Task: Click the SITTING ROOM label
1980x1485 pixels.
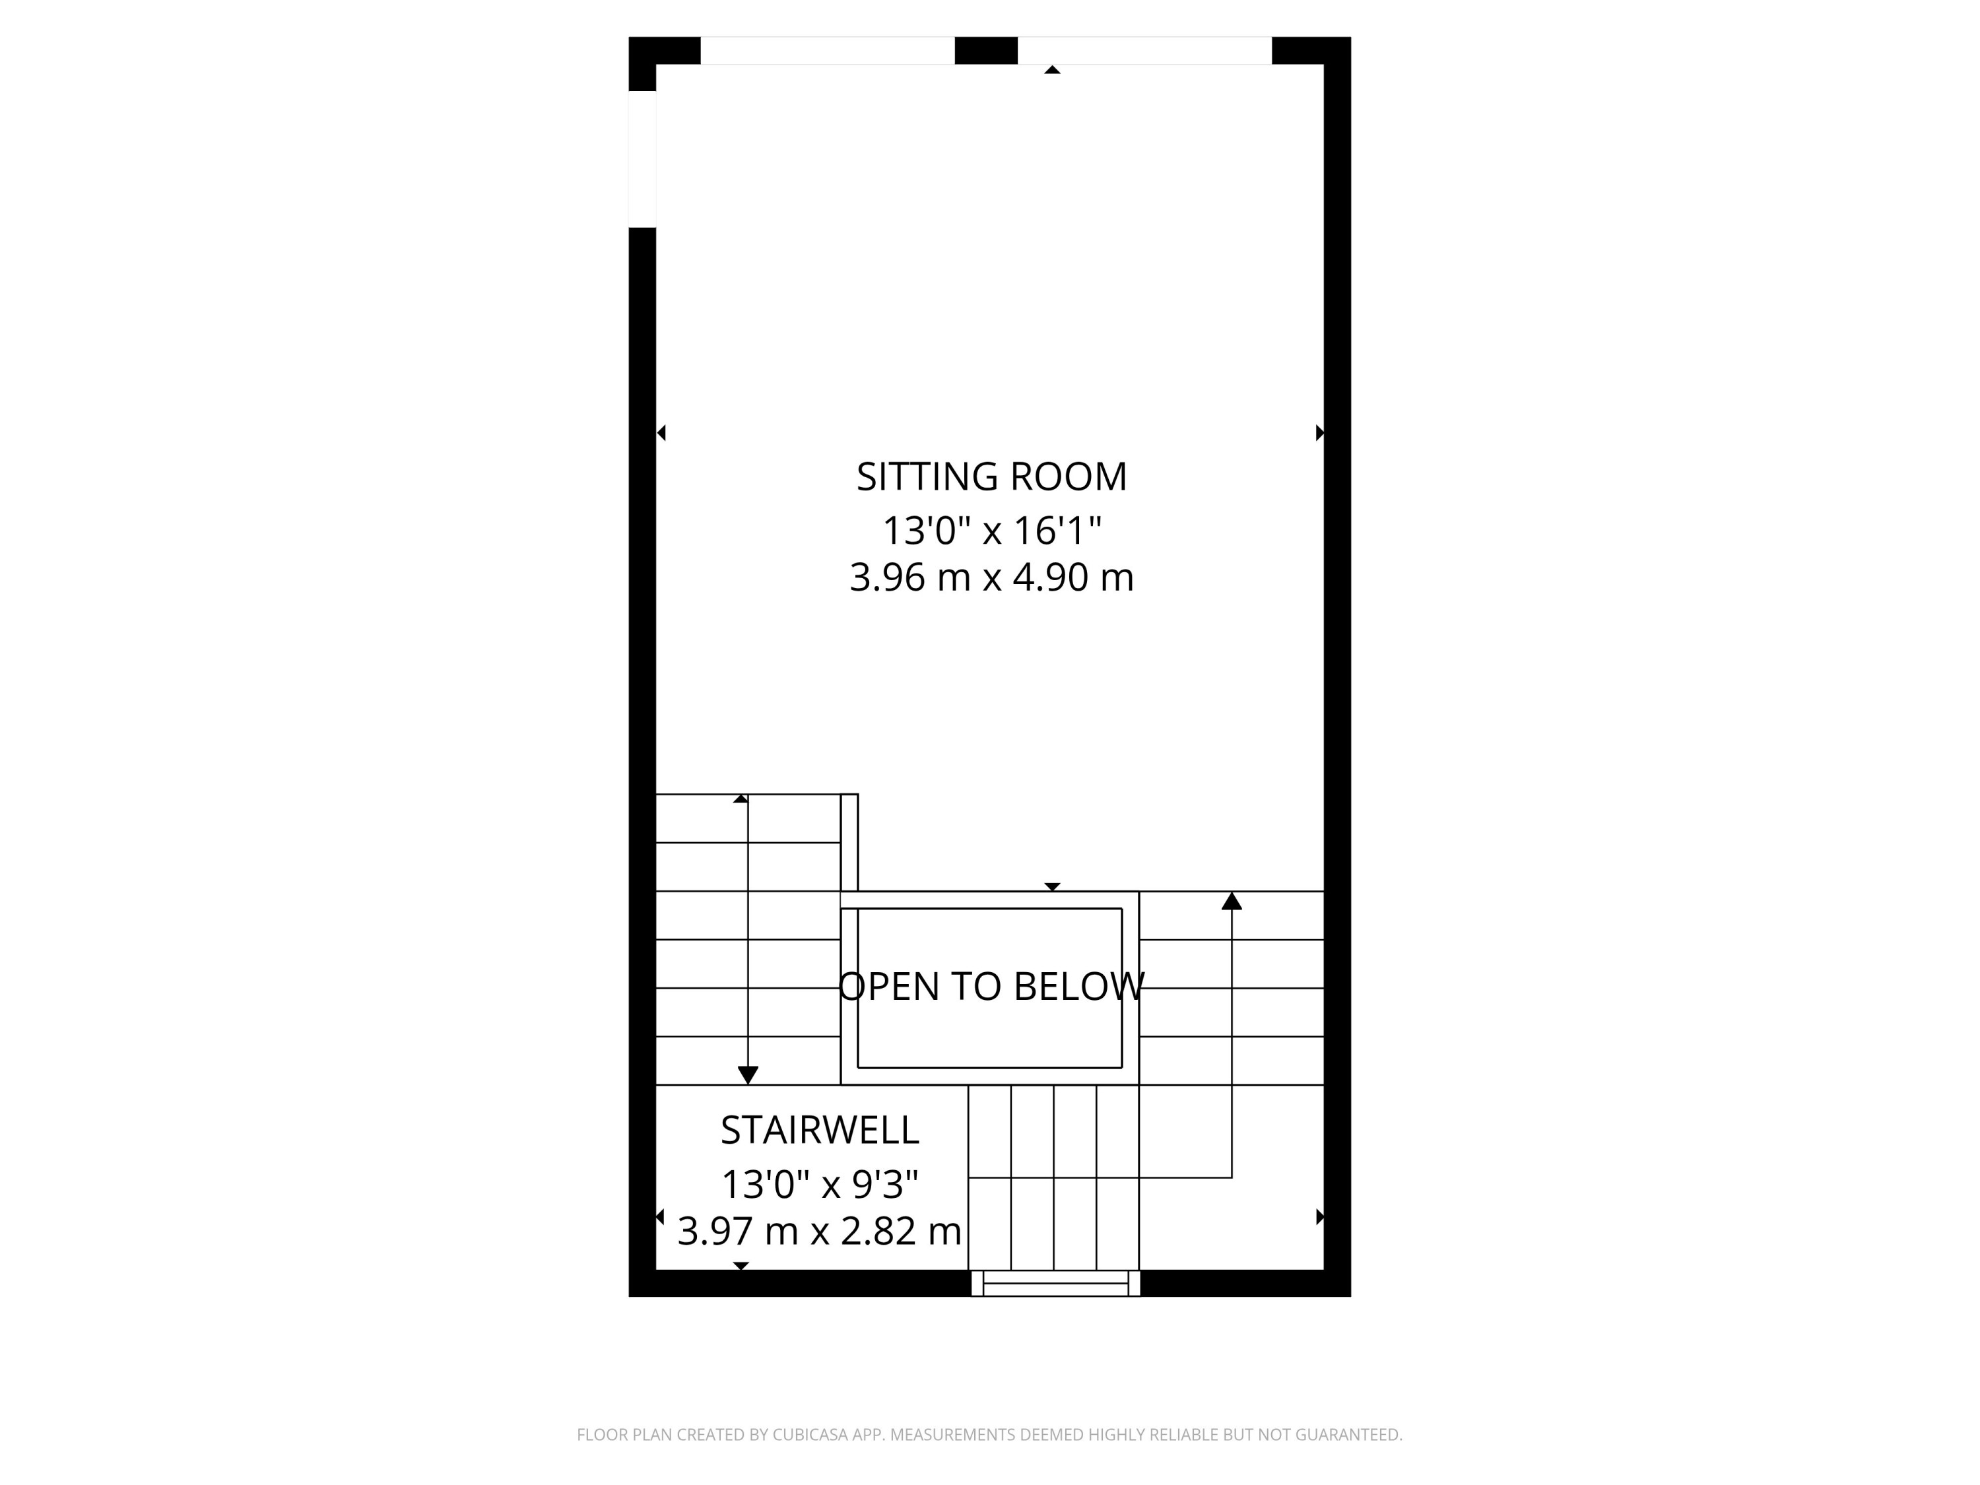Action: [991, 477]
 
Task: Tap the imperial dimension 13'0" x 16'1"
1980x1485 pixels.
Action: [991, 531]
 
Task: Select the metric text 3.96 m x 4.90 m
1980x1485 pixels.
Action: [991, 578]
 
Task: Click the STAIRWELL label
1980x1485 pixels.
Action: [819, 1131]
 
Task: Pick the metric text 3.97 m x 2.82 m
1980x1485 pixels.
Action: [819, 1232]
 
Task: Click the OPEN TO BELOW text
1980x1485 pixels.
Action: [991, 987]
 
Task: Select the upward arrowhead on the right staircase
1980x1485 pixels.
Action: [1232, 902]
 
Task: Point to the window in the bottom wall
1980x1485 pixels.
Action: [1055, 1284]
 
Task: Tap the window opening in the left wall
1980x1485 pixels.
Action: [642, 159]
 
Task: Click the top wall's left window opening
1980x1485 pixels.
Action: [827, 50]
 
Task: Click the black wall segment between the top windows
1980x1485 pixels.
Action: [985, 50]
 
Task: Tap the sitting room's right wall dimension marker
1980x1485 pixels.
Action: [1319, 433]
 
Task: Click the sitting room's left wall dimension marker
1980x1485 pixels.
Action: [661, 433]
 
